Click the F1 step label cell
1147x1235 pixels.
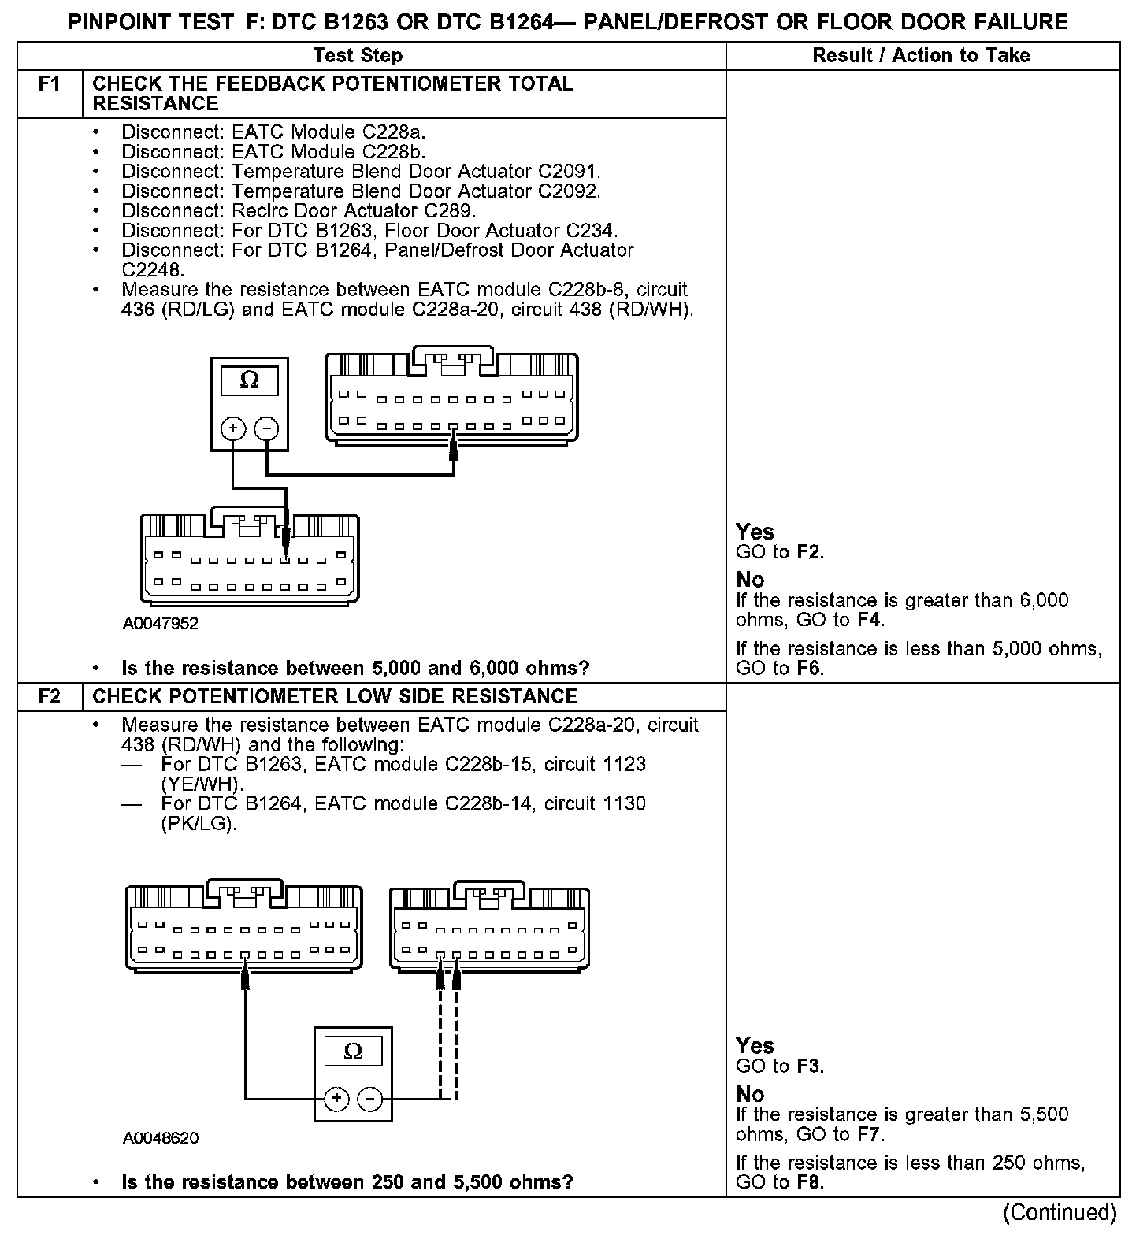tap(49, 84)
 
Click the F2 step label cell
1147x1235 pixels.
tap(49, 696)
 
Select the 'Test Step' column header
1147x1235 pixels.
tap(358, 55)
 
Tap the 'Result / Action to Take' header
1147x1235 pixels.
tap(921, 55)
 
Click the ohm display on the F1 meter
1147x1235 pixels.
tap(249, 380)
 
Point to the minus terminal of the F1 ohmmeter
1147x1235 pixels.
tap(267, 428)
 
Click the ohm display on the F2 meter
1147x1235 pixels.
tap(353, 1051)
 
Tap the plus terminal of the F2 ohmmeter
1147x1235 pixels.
tap(336, 1099)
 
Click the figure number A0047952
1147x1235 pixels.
tap(161, 624)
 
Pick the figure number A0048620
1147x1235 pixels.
tap(161, 1138)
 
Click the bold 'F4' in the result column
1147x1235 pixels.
tap(868, 620)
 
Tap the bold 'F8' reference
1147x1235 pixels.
tap(809, 1182)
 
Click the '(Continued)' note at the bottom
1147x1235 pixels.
tap(1060, 1212)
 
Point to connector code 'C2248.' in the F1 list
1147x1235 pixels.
tap(153, 270)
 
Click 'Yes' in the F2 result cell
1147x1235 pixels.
tap(755, 1046)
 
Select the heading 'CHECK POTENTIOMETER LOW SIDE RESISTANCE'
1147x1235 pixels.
tap(335, 696)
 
